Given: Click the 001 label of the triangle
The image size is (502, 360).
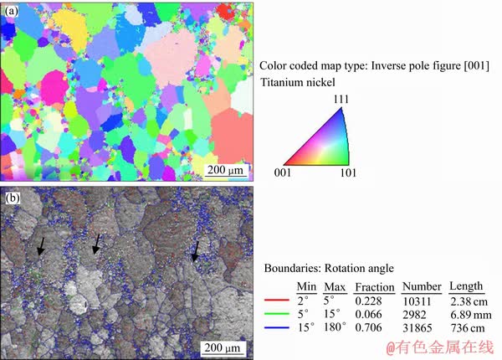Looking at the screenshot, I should [x=284, y=172].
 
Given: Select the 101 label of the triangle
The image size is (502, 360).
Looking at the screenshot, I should [x=348, y=172].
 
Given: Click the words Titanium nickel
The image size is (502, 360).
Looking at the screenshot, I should [x=297, y=82].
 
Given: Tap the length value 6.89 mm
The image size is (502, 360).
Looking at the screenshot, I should [x=466, y=312].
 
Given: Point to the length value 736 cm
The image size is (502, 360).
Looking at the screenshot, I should [x=463, y=326].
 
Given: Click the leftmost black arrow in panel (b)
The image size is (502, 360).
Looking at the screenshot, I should [x=41, y=247].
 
